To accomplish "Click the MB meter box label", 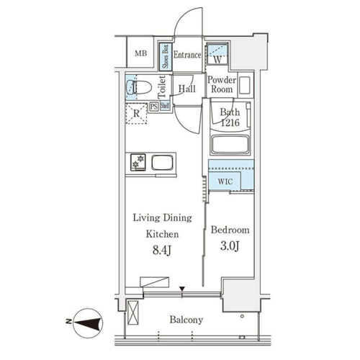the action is tap(140, 53).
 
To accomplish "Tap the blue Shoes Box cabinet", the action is tap(166, 57).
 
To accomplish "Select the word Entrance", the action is tap(187, 55).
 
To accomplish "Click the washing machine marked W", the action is tap(217, 53).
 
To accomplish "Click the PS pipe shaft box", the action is tap(154, 107).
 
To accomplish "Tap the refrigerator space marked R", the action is tap(136, 114).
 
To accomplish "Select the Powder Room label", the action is tap(222, 84).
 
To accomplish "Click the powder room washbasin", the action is tap(245, 85).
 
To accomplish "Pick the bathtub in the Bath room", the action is tap(230, 145).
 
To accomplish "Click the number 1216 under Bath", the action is tap(230, 123).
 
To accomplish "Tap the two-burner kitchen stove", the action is tap(138, 162).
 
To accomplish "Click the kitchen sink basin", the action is tap(162, 163).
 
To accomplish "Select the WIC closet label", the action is tap(225, 181).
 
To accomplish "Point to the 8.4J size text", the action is tap(162, 251).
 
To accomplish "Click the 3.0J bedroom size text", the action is tap(230, 246).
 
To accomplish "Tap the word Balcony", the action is tap(186, 320).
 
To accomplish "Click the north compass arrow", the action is tap(87, 323).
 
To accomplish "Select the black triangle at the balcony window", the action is tap(182, 289).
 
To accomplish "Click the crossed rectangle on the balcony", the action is tap(133, 312).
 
